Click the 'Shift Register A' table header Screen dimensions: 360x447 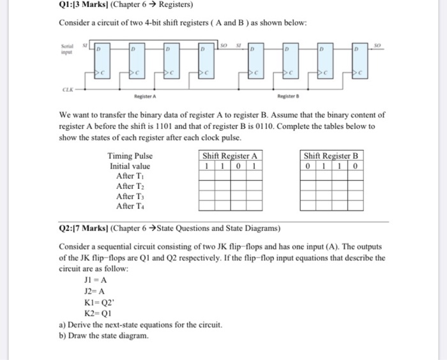coord(229,155)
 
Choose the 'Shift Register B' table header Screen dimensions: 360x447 coord(331,155)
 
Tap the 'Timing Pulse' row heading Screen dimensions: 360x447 coord(130,155)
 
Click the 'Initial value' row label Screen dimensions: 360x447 coord(130,165)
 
